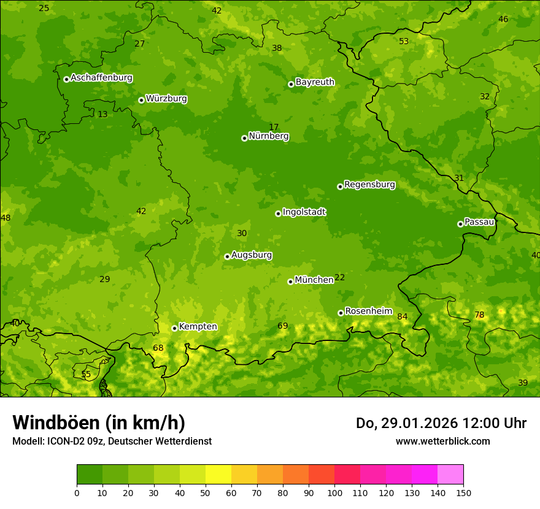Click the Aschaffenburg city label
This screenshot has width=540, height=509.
point(101,78)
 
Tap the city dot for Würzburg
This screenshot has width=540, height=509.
point(141,100)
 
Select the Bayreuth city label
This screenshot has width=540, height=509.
point(315,82)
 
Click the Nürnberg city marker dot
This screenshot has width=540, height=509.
point(244,138)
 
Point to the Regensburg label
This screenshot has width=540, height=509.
point(369,185)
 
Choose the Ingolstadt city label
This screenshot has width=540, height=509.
point(304,212)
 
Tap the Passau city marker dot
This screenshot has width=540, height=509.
point(460,224)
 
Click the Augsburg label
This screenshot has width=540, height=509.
point(252,255)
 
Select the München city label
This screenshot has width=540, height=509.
point(314,280)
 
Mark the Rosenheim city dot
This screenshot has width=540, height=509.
point(341,313)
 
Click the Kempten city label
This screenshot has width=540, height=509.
point(198,327)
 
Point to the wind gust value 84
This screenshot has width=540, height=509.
point(403,317)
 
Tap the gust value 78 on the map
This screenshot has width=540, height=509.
point(479,315)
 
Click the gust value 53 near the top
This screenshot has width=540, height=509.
point(404,42)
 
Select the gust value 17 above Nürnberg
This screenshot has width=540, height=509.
point(274,127)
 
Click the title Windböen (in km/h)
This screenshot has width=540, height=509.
point(99,423)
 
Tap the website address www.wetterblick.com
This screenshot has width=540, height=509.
point(442,441)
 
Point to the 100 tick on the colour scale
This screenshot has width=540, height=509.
point(334,492)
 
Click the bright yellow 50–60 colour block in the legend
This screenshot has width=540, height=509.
point(218,475)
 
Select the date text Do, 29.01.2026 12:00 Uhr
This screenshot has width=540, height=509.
point(441,423)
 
